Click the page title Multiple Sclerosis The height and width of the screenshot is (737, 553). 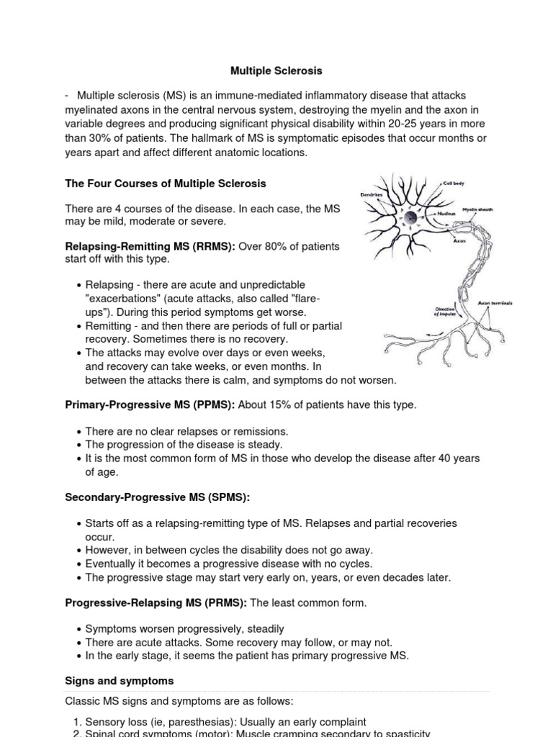[276, 71]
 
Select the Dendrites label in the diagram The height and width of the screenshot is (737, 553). [372, 194]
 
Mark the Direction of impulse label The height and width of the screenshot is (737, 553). [444, 310]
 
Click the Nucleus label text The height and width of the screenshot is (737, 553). [448, 214]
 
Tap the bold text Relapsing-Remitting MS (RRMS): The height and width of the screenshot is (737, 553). [150, 247]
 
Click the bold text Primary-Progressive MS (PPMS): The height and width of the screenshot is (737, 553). [150, 404]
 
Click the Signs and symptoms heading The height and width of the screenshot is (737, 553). [119, 680]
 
